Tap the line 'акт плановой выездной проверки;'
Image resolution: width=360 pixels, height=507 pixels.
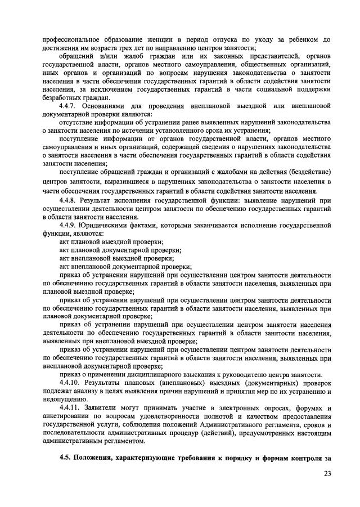pos(111,241)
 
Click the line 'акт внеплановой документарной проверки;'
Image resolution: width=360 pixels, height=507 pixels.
pos(125,266)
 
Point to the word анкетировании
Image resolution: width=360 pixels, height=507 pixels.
pos(67,416)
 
